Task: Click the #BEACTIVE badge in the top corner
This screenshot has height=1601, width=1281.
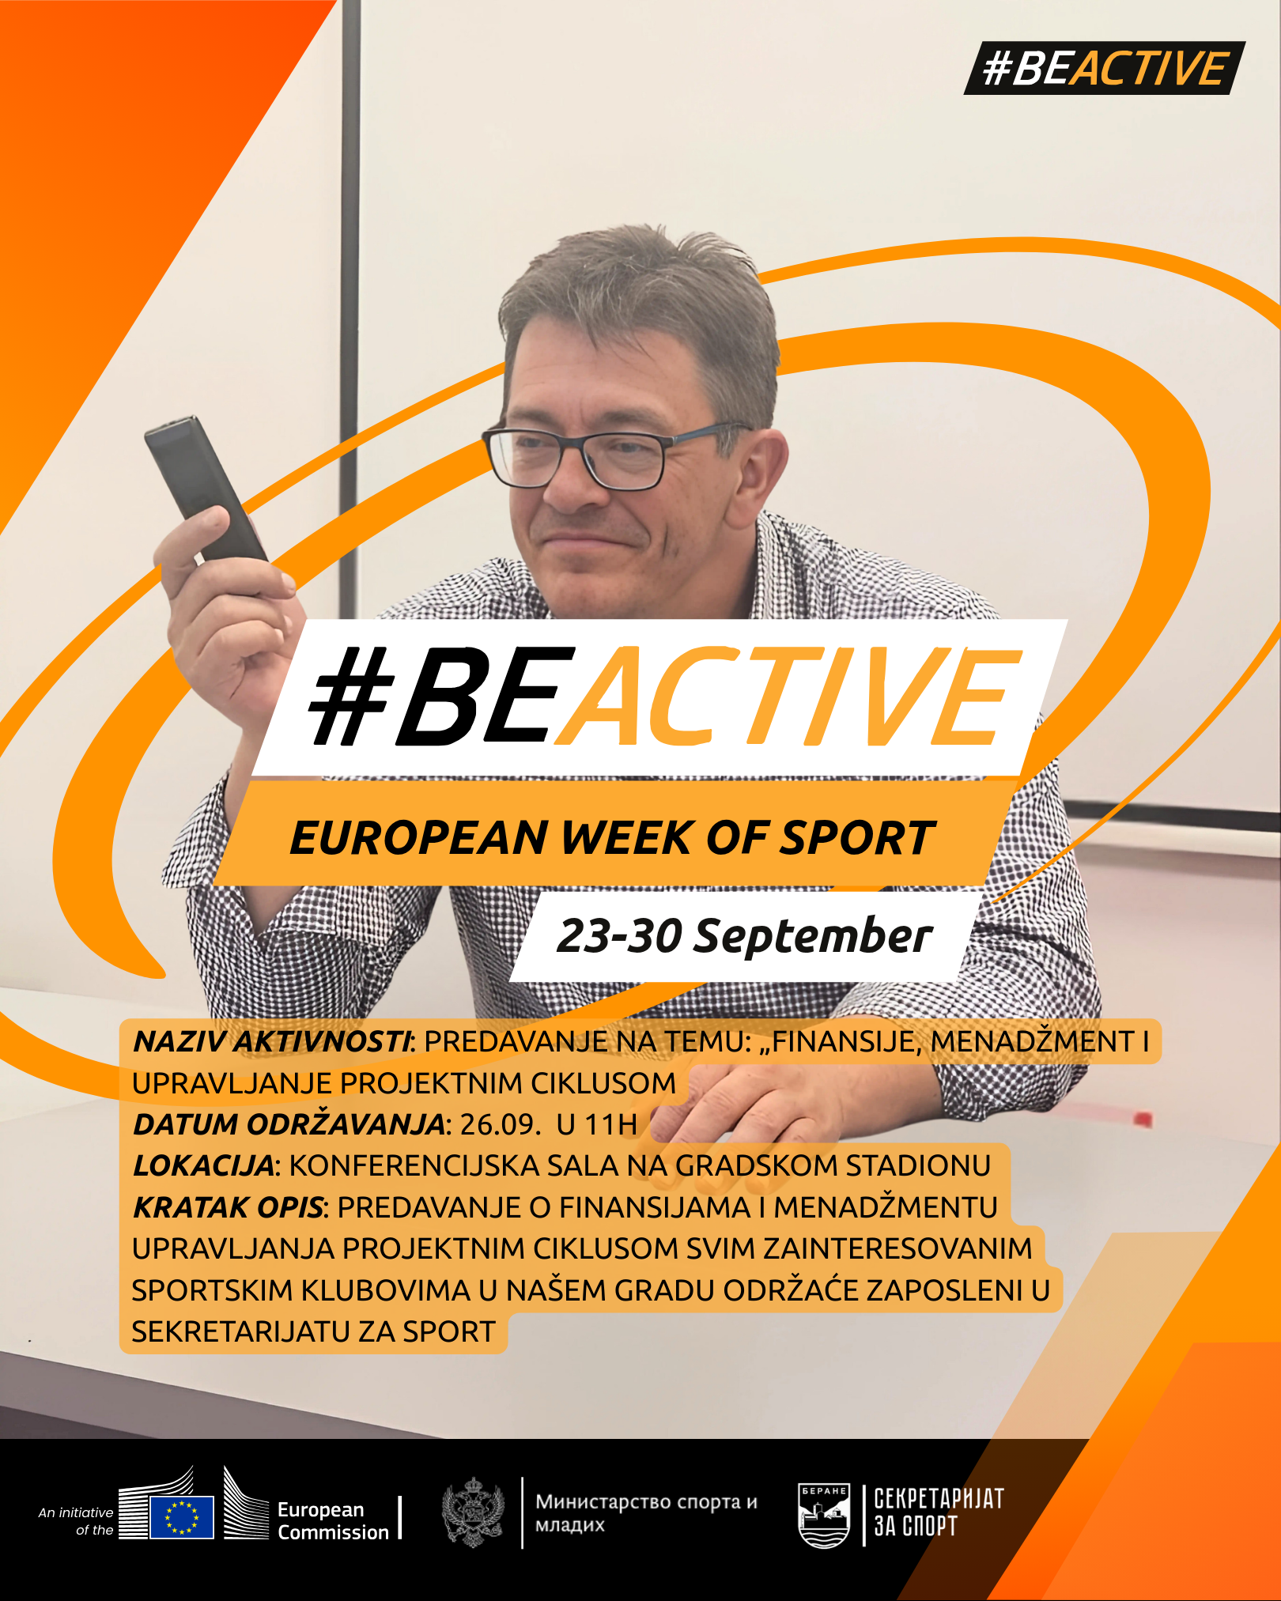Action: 1104,68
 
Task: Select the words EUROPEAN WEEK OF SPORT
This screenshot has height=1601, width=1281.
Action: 612,838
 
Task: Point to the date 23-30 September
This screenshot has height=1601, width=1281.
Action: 744,936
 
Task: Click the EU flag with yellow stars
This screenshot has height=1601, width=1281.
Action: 182,1517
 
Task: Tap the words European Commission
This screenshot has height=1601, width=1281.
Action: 333,1521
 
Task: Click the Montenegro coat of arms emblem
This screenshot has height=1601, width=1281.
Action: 473,1512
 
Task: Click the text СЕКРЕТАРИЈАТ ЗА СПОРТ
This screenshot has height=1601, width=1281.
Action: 939,1512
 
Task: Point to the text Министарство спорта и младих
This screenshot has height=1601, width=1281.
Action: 646,1512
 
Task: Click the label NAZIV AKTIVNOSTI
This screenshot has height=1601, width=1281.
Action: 272,1042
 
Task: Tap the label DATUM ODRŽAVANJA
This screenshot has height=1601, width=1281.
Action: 289,1123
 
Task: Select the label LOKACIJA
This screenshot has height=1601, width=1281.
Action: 203,1165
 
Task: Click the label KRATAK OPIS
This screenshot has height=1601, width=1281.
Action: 228,1207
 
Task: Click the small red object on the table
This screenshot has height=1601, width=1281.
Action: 1142,1118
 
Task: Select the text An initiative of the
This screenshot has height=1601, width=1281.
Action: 76,1521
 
